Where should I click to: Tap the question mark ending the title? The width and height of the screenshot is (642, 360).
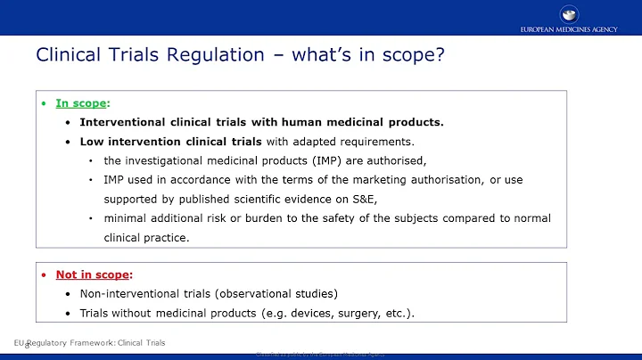pos(440,55)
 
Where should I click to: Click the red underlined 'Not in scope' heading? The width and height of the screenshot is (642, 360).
pos(91,275)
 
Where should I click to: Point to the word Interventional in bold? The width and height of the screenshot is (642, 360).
pos(124,122)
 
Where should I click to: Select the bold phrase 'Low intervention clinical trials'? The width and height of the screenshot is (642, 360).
pos(170,142)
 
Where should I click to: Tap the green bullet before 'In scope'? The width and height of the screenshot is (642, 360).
pos(44,102)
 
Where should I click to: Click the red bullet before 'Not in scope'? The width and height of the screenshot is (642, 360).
pos(44,275)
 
